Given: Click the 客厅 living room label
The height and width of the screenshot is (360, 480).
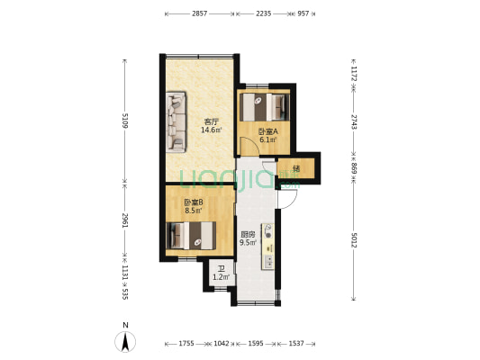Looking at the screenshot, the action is (x=211, y=121).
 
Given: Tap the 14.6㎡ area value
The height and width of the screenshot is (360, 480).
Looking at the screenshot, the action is (x=211, y=130).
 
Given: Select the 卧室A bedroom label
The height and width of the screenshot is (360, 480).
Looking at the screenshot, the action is (x=267, y=131).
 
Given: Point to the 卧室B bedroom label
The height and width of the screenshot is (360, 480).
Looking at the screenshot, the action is (x=194, y=202).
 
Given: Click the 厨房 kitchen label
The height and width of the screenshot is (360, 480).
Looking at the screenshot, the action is (x=248, y=235).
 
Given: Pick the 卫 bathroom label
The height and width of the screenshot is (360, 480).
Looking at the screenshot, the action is (x=221, y=269).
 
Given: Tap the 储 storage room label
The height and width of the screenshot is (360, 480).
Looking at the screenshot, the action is (x=296, y=168).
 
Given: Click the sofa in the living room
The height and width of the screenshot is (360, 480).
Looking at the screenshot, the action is (x=176, y=122).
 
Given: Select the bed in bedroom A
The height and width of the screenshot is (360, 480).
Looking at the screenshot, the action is (x=265, y=107).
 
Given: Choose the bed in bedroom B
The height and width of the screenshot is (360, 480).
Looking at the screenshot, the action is (x=191, y=235).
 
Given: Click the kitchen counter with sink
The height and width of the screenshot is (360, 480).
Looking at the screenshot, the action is (x=267, y=247).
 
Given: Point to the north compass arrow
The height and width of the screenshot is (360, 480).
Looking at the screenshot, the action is (x=125, y=342).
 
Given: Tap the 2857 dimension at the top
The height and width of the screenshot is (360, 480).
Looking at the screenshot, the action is (x=200, y=13).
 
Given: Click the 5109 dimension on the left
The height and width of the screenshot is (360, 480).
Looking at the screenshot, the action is (x=125, y=121).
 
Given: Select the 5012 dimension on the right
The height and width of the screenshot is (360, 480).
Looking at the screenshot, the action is (x=354, y=240).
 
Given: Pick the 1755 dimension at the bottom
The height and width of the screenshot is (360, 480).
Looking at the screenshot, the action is (x=186, y=344).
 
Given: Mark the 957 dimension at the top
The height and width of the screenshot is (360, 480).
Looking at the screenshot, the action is (x=303, y=13).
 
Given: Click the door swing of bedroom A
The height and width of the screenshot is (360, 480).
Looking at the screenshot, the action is (x=249, y=146).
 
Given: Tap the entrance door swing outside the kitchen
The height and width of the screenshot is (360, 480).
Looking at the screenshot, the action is (x=288, y=200).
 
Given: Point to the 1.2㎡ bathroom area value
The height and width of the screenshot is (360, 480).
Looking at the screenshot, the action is (x=221, y=277).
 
